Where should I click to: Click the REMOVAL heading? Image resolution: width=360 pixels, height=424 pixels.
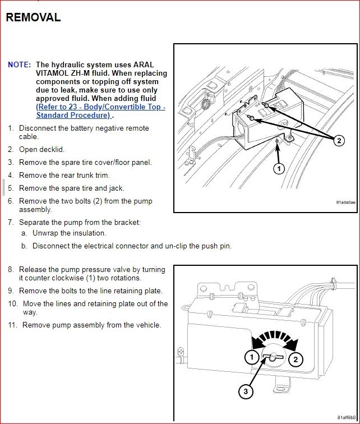(33, 17)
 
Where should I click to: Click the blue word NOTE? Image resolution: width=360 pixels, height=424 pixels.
(19, 65)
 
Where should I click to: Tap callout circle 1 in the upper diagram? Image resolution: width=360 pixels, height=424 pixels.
(279, 168)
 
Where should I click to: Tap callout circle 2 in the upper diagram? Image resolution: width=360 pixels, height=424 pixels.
(339, 141)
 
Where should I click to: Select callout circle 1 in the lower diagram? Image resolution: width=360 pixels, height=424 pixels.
(252, 357)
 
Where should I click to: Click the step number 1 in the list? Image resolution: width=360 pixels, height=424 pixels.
(11, 128)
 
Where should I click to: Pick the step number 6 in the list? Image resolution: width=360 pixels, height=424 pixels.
(11, 201)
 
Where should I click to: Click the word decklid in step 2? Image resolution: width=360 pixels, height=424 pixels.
(52, 150)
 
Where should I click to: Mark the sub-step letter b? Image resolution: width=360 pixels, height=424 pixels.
(24, 246)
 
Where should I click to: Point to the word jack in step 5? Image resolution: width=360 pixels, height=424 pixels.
(114, 188)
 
